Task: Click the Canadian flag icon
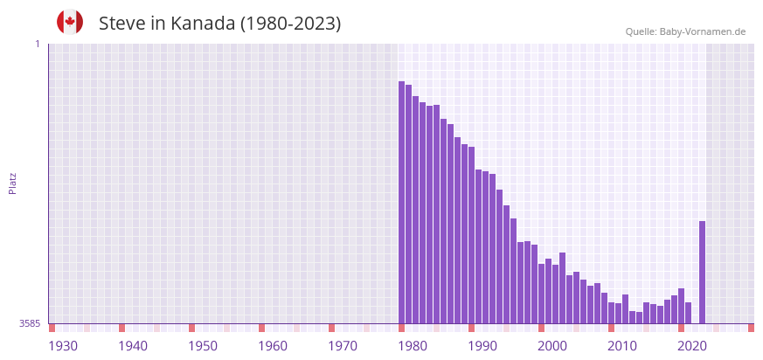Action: click(70, 23)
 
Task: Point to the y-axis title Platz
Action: click(12, 183)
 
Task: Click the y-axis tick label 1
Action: click(37, 44)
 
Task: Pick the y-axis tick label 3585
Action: click(30, 323)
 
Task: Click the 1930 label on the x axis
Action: click(63, 346)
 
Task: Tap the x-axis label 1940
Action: click(133, 346)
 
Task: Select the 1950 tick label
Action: click(203, 346)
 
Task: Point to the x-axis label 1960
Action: click(273, 346)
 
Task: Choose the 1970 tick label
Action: click(343, 346)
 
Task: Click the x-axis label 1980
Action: click(413, 346)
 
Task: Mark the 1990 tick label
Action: click(482, 346)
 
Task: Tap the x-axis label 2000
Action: click(552, 346)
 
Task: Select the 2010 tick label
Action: click(622, 346)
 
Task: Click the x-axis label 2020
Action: click(692, 346)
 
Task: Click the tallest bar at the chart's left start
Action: click(401, 202)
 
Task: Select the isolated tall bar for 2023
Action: click(702, 272)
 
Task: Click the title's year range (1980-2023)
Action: click(291, 24)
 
